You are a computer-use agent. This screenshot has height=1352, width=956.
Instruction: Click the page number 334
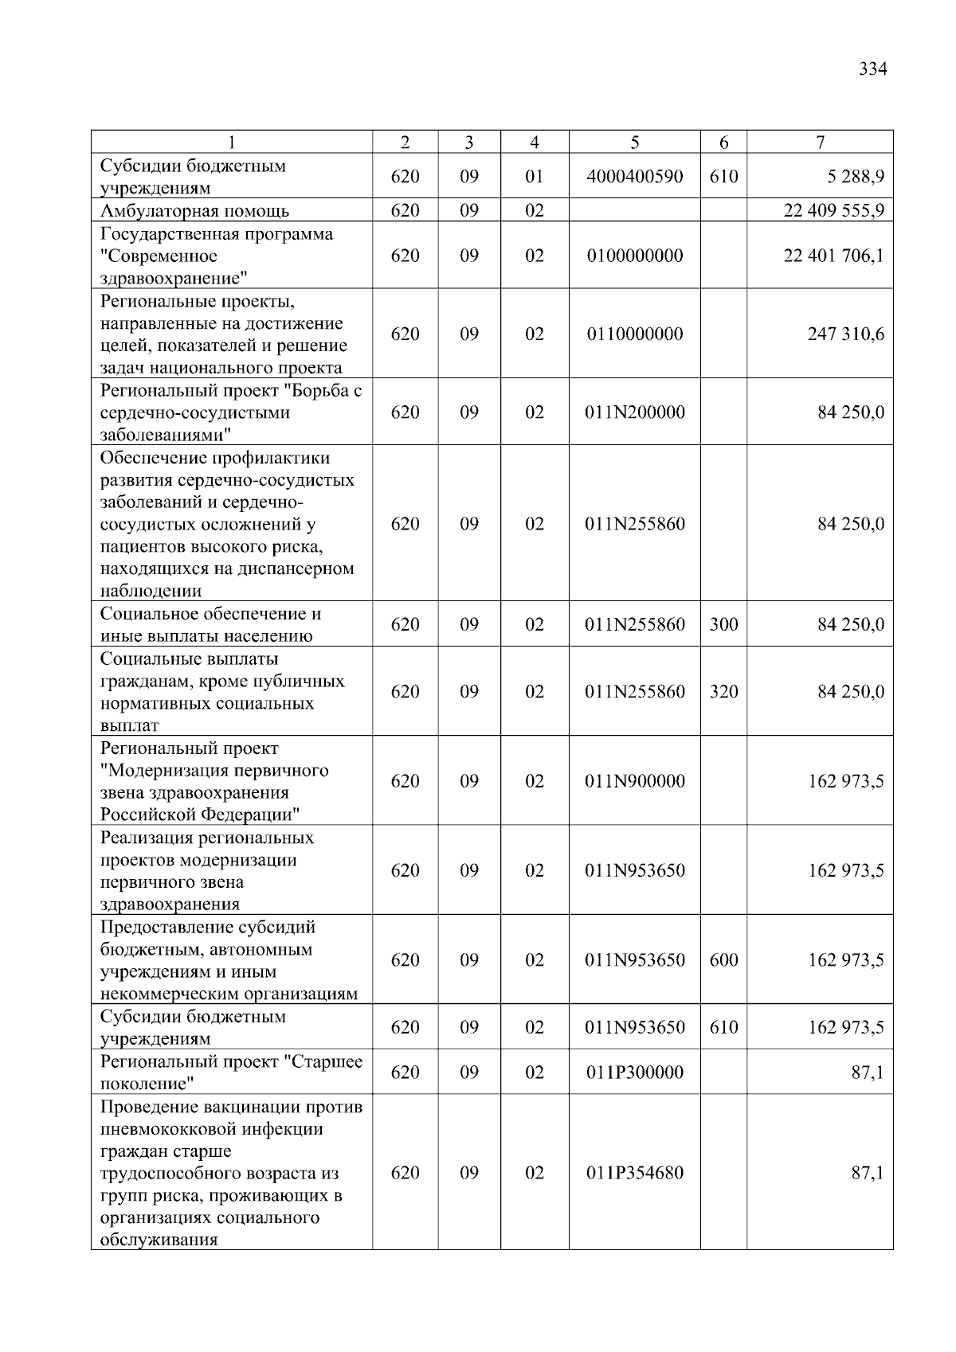(x=872, y=69)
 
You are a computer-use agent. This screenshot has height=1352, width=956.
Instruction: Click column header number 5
(x=634, y=143)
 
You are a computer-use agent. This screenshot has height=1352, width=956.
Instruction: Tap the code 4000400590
(x=634, y=176)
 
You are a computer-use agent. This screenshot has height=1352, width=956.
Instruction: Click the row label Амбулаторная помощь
(x=194, y=211)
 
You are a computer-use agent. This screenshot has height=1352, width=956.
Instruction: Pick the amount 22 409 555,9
(x=833, y=211)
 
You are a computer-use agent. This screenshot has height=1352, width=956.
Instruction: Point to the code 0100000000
(x=634, y=256)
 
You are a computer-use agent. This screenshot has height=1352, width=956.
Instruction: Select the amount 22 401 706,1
(x=833, y=256)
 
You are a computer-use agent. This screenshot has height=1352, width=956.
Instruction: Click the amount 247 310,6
(x=845, y=334)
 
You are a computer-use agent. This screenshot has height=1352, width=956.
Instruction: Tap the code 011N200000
(x=634, y=412)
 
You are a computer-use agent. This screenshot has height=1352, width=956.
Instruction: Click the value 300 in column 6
(x=723, y=624)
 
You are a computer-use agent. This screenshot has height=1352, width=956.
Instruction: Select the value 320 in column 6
(x=723, y=692)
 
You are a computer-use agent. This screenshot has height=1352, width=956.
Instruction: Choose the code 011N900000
(x=634, y=781)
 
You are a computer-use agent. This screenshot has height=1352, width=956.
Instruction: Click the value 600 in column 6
(x=723, y=960)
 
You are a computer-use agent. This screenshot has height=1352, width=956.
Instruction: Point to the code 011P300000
(x=634, y=1073)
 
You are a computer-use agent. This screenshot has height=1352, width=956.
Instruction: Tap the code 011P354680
(x=634, y=1173)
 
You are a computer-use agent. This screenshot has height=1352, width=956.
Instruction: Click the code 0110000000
(x=634, y=334)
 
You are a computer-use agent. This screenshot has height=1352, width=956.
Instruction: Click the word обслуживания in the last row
(x=159, y=1240)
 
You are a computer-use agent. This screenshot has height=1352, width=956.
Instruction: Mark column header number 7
(x=820, y=143)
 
